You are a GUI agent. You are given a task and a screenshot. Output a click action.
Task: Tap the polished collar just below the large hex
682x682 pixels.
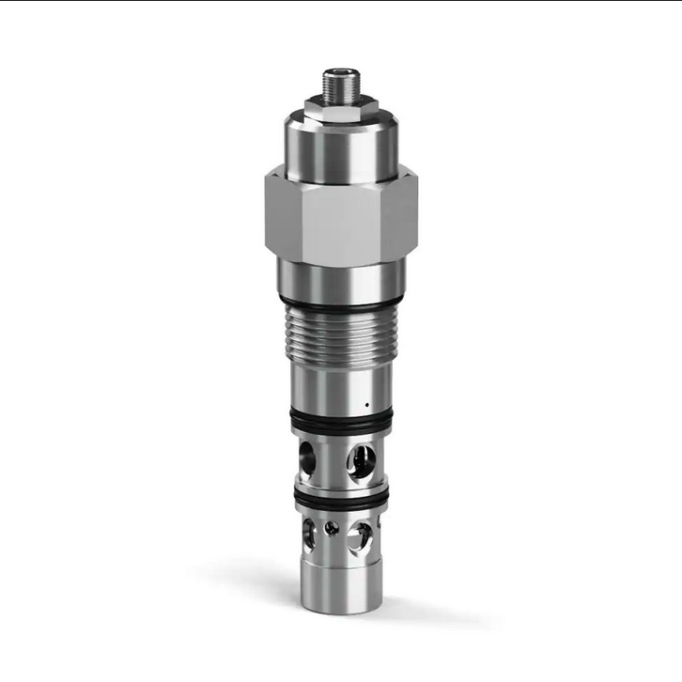click(340, 277)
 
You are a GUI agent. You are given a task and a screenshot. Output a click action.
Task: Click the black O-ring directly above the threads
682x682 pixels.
click(340, 307)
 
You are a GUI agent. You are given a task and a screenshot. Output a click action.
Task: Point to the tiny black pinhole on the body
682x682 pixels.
click(366, 406)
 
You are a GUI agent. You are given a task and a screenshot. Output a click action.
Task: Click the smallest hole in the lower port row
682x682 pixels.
click(330, 529)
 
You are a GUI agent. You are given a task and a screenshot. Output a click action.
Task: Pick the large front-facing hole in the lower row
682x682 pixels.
click(358, 536)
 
